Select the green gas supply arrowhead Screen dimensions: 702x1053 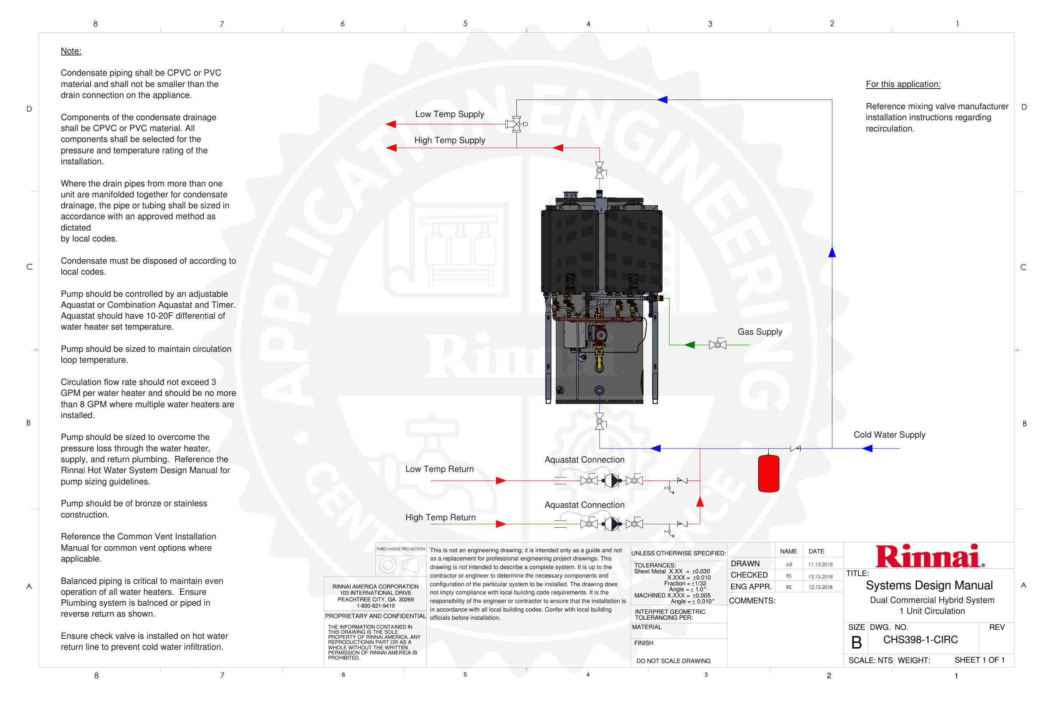click(x=690, y=345)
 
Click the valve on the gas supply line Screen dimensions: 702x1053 click(x=717, y=345)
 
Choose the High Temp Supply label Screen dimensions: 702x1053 click(x=450, y=140)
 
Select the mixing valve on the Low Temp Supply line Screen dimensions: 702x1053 click(x=516, y=124)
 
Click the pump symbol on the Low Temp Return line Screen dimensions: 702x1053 click(x=612, y=480)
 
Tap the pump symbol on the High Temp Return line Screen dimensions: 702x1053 click(x=612, y=524)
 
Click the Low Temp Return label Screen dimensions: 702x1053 click(x=439, y=469)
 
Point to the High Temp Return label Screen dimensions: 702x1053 click(x=440, y=517)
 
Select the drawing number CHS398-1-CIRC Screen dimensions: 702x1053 click(x=920, y=640)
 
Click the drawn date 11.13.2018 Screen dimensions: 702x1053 click(x=820, y=565)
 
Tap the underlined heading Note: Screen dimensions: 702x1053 click(x=71, y=51)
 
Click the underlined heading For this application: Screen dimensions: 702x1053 click(x=902, y=84)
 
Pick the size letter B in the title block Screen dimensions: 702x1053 click(x=856, y=642)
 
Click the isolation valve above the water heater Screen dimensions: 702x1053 click(x=599, y=170)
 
